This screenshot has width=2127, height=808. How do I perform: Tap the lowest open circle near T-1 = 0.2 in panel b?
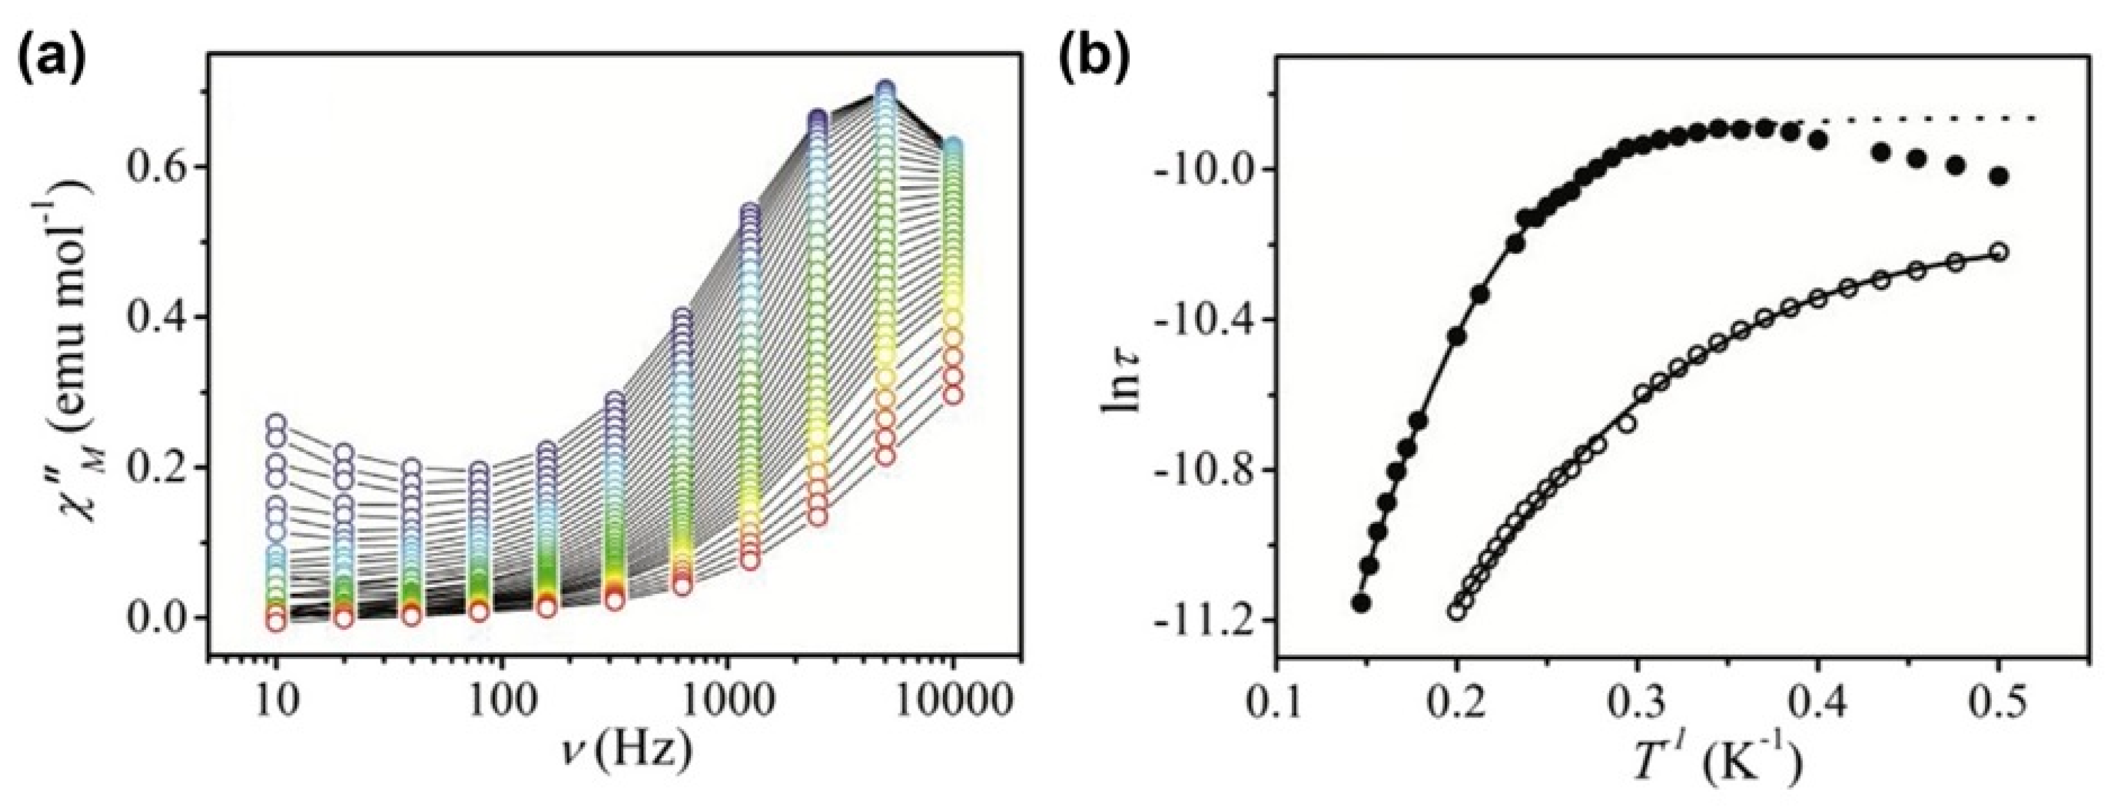click(x=1457, y=612)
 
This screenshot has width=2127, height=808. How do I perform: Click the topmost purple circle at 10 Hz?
click(x=277, y=423)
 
